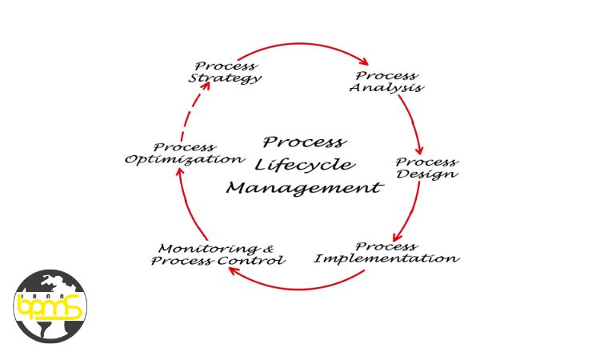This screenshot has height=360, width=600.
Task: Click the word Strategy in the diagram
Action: pos(225,78)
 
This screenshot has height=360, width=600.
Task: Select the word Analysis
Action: pos(386,88)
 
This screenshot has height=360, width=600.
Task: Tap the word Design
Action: pos(427,174)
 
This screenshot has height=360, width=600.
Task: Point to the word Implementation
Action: pos(386,258)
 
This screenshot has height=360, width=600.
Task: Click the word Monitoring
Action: pos(208,249)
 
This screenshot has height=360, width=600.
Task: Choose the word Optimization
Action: pos(186,159)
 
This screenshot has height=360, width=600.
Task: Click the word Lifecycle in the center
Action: pos(305,166)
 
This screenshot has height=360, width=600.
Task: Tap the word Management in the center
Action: pos(305,188)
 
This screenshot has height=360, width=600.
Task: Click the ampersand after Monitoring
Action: pos(269,249)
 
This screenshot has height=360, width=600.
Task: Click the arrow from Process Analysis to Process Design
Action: pos(414,122)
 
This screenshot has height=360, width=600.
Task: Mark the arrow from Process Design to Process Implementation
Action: pos(412,212)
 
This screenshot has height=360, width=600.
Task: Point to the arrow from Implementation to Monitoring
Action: pos(297,288)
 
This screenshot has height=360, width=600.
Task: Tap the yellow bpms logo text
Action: pos(50,306)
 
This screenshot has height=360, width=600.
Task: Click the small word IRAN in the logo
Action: pos(46,296)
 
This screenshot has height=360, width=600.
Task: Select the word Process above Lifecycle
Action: pos(305,142)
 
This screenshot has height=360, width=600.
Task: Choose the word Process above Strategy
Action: pos(226,66)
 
